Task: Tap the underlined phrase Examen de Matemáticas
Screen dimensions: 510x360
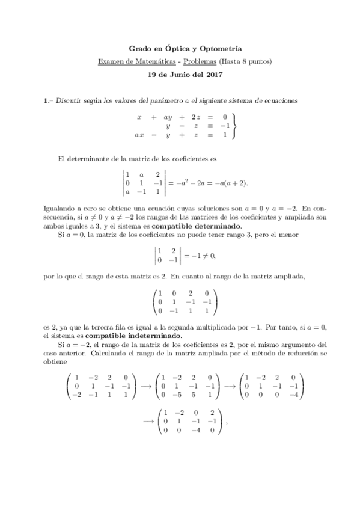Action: pos(129,61)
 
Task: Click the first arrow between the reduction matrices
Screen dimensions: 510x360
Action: pos(146,386)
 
